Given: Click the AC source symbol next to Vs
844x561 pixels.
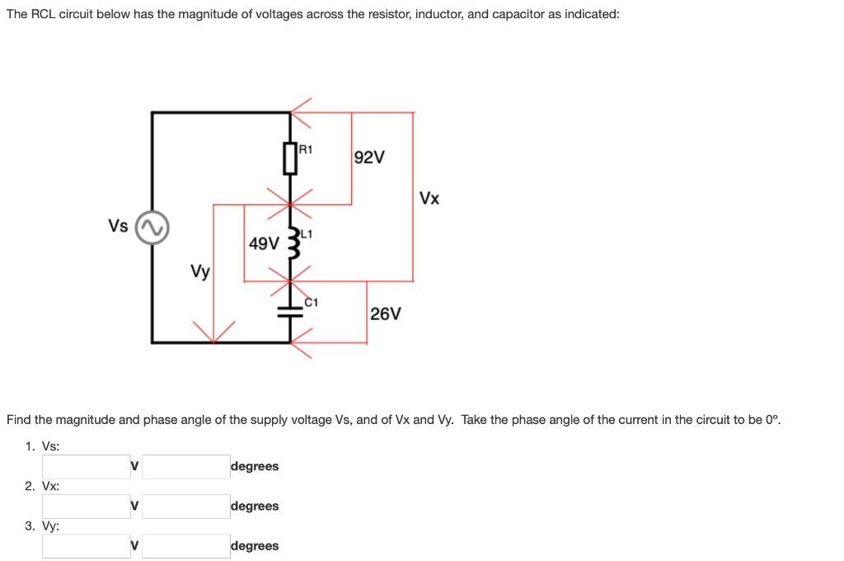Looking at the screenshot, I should (x=152, y=228).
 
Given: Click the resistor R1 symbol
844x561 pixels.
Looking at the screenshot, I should (x=289, y=158).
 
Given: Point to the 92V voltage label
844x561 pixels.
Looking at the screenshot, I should (x=368, y=158).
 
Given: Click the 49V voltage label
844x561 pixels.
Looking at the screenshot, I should (x=264, y=243).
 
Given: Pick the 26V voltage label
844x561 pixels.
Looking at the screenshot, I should (x=386, y=314).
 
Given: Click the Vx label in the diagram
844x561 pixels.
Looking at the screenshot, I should (x=429, y=199).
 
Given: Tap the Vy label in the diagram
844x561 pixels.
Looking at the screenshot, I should (x=199, y=271).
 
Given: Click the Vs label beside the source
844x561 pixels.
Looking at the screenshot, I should (x=118, y=225).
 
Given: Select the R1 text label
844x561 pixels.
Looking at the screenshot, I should (x=305, y=149).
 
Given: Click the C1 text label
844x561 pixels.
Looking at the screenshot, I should (x=311, y=302).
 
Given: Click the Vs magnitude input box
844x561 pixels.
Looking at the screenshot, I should (x=87, y=466).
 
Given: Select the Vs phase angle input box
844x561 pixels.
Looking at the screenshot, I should (x=185, y=466).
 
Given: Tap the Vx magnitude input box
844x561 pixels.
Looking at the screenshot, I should (x=87, y=506).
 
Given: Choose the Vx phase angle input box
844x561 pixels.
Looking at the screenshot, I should (x=185, y=506).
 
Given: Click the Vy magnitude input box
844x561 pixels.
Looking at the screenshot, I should (x=87, y=545).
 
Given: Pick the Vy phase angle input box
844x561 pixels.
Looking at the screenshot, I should (x=185, y=545).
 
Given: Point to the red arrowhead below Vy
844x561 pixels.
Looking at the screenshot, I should (x=214, y=333).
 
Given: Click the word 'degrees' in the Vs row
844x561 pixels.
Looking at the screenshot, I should (x=256, y=466).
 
